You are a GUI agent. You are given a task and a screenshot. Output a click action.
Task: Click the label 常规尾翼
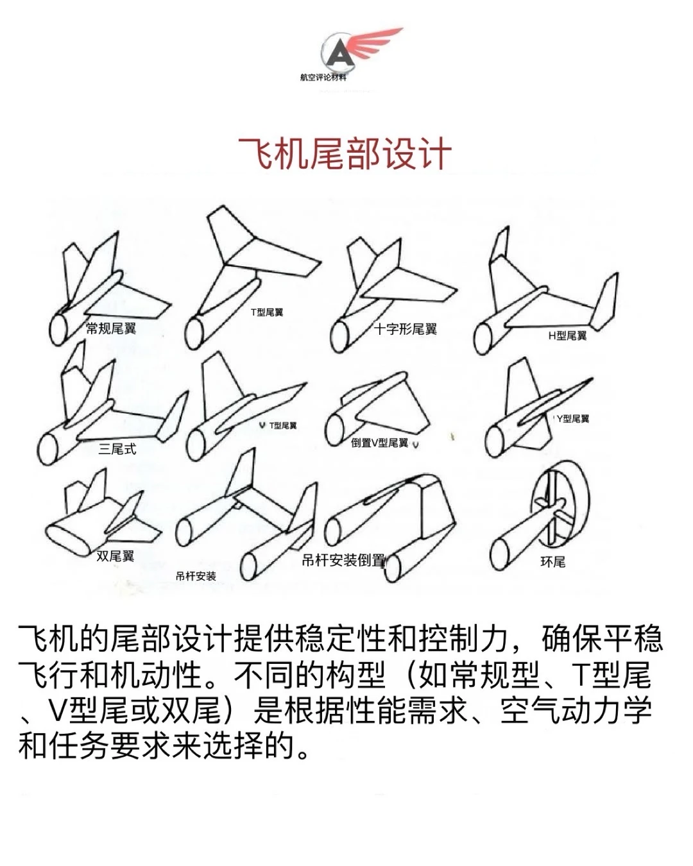111,328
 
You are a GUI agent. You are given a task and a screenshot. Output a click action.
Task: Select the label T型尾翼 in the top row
267,312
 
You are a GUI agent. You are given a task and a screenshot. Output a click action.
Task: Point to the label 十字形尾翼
406,329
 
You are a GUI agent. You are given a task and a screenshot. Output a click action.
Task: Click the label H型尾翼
567,335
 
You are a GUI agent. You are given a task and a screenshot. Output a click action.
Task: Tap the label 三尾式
117,449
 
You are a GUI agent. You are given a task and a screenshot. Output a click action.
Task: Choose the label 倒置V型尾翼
379,443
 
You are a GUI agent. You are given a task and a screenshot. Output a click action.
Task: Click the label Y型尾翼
573,418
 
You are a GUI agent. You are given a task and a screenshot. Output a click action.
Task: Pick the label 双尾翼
116,556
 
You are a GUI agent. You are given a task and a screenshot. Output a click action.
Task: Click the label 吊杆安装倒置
343,560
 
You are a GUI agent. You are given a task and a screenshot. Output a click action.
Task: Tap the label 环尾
552,562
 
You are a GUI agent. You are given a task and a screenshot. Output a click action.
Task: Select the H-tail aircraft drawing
545,295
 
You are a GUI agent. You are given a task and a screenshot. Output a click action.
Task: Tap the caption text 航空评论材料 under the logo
323,78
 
